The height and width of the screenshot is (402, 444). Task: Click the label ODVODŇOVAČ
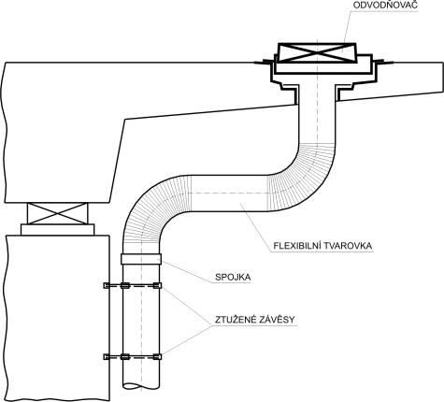pyautogui.click(x=385, y=5)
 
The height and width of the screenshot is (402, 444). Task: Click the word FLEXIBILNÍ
pyautogui.click(x=295, y=246)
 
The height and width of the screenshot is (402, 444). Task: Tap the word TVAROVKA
pyautogui.click(x=347, y=246)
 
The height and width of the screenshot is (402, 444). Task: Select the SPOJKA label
pyautogui.click(x=233, y=277)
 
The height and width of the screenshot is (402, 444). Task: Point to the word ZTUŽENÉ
pyautogui.click(x=236, y=319)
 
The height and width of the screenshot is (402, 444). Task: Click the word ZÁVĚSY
pyautogui.click(x=277, y=319)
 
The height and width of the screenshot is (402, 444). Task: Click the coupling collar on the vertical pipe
pyautogui.click(x=141, y=259)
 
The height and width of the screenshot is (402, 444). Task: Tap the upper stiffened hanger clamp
pyautogui.click(x=133, y=285)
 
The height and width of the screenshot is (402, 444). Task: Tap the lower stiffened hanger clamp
pyautogui.click(x=133, y=357)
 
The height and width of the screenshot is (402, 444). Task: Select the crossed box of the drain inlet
pyautogui.click(x=317, y=52)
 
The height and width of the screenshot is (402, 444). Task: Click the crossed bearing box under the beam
pyautogui.click(x=58, y=213)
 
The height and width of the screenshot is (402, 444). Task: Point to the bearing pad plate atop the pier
pyautogui.click(x=57, y=230)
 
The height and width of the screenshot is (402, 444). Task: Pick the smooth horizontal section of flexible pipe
pyautogui.click(x=229, y=194)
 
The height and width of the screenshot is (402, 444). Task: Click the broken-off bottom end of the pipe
pyautogui.click(x=141, y=386)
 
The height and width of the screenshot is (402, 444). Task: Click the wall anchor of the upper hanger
pyautogui.click(x=107, y=285)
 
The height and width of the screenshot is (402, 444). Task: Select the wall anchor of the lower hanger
pyautogui.click(x=107, y=357)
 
